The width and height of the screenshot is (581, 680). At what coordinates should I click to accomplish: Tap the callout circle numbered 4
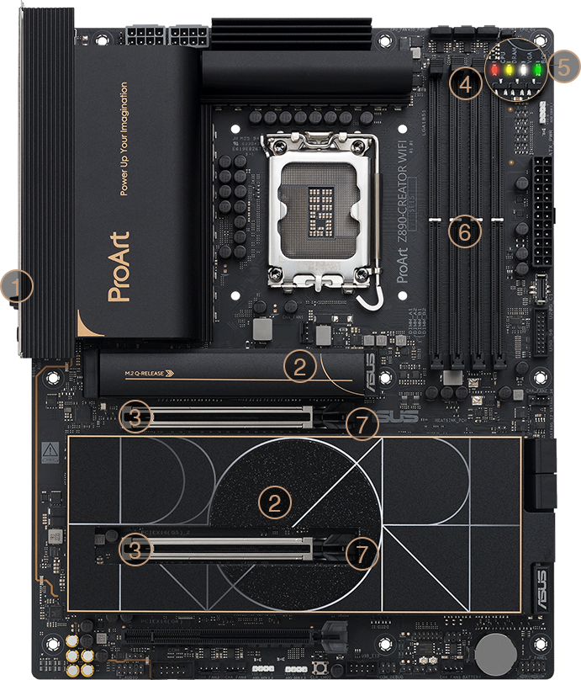point(466,81)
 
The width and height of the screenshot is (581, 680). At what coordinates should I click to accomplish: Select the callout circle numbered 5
point(565,66)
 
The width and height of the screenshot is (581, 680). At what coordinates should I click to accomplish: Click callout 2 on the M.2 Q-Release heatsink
point(301,365)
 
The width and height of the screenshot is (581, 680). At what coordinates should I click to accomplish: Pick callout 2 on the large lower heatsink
point(273,502)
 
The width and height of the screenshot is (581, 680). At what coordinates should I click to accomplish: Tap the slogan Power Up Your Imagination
point(124,139)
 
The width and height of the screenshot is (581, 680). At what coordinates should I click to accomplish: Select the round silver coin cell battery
point(494,650)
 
